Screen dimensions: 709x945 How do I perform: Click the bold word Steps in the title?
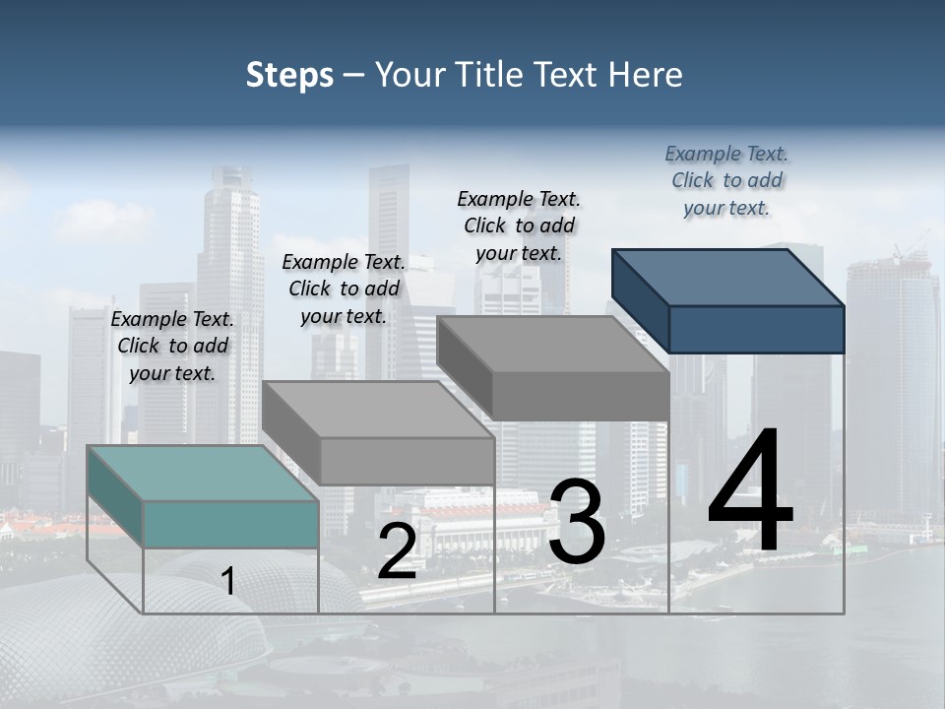point(289,76)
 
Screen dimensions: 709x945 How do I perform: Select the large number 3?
point(577,522)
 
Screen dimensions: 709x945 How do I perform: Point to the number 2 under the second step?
point(397,551)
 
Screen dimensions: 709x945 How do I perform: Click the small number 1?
point(228,581)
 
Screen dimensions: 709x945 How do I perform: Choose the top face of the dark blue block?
point(728,277)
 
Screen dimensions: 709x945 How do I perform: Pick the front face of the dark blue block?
point(756,329)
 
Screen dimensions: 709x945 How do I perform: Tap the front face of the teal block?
point(230,524)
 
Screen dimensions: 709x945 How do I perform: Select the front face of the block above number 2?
point(407,461)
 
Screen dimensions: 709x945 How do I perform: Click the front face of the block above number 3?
point(581,397)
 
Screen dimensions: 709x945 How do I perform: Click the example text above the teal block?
point(172,347)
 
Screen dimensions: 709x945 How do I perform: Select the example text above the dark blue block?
point(726,181)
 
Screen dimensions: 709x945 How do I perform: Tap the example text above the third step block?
point(519,226)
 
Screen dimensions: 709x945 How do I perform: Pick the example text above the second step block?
point(344,289)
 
